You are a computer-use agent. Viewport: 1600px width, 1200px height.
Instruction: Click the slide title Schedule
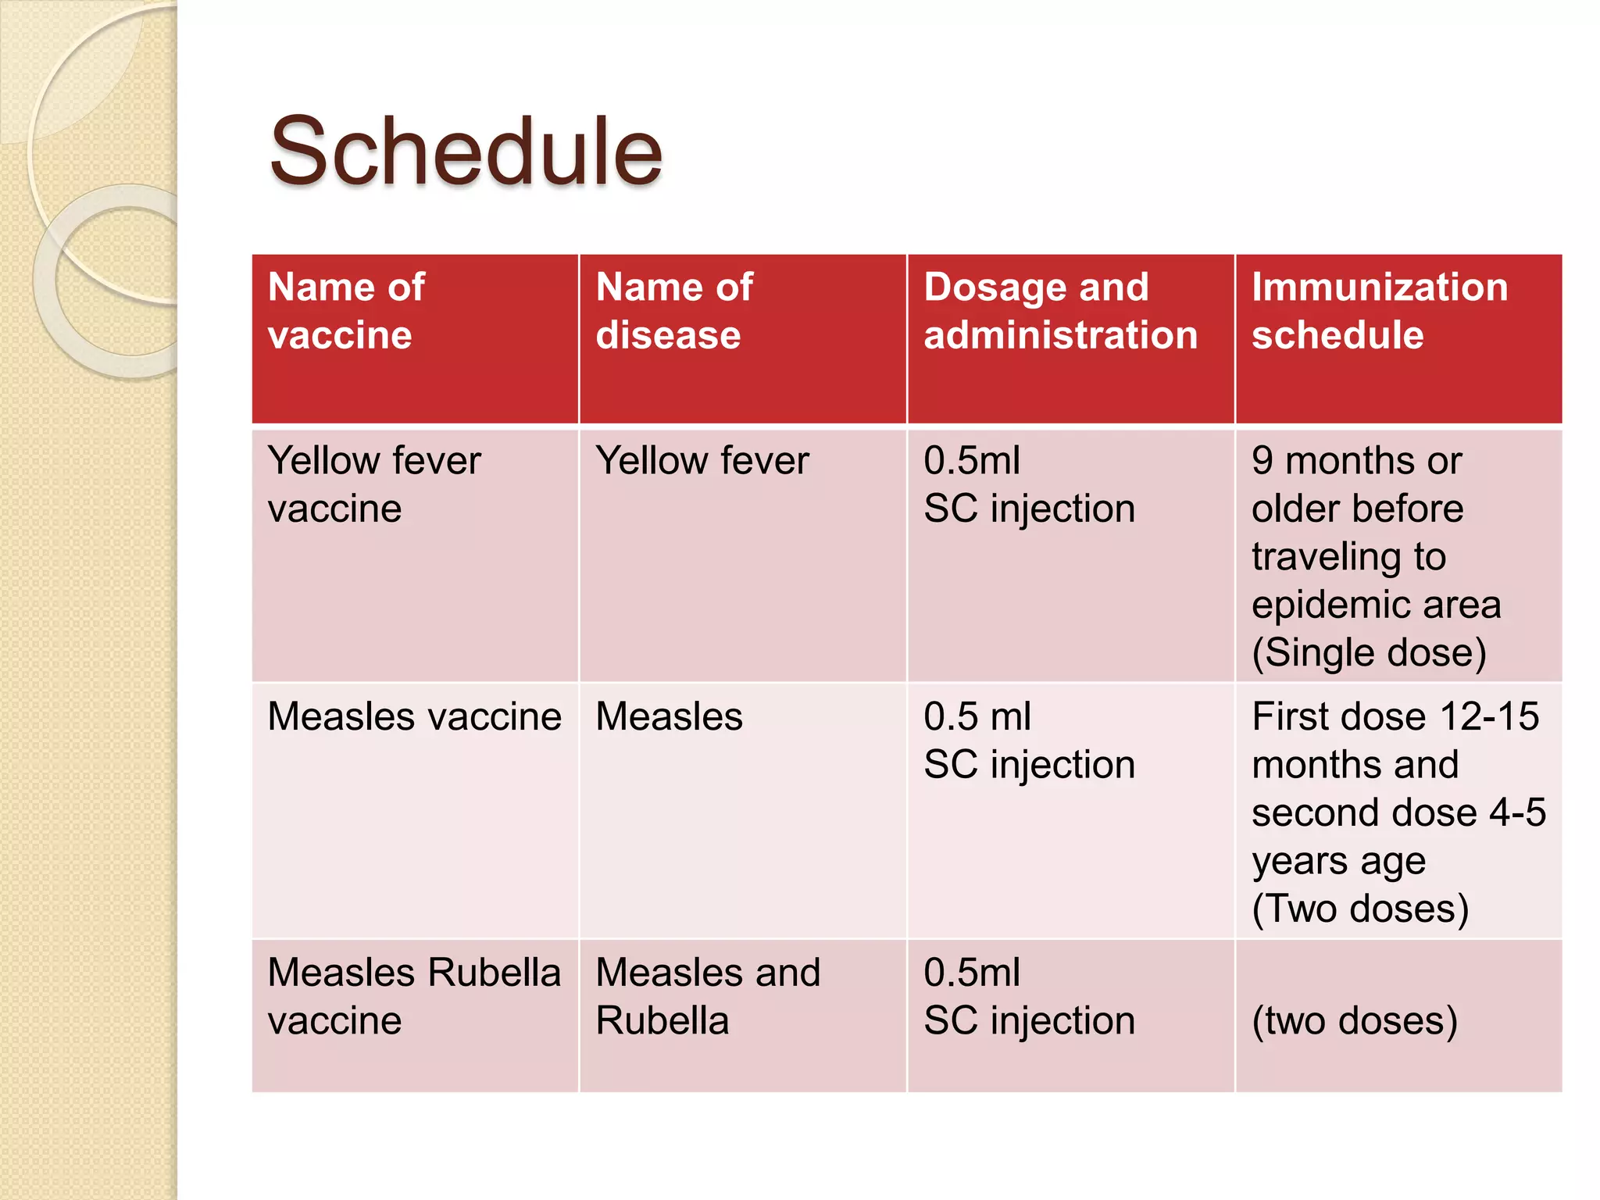click(x=466, y=152)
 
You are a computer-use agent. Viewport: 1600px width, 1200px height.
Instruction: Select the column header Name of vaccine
click(x=346, y=311)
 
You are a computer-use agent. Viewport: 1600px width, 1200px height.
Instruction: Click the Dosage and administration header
click(x=1060, y=311)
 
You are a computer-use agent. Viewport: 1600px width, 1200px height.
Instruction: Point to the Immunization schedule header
click(x=1379, y=311)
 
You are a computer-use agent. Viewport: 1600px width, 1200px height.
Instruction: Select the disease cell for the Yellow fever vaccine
click(x=702, y=460)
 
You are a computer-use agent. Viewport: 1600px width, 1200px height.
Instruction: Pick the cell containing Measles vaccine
click(x=414, y=716)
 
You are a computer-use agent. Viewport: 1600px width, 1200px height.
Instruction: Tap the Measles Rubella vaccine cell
click(x=414, y=996)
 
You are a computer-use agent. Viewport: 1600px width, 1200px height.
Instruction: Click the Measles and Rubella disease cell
click(x=707, y=996)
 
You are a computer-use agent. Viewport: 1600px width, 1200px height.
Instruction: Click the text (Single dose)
click(x=1369, y=652)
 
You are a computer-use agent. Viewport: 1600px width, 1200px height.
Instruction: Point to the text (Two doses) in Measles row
click(x=1360, y=909)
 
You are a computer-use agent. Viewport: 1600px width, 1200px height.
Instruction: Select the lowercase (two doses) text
click(x=1355, y=1020)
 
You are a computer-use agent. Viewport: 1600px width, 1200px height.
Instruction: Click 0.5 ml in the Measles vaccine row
click(x=977, y=716)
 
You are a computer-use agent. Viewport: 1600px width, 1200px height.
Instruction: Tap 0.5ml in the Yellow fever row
click(x=971, y=460)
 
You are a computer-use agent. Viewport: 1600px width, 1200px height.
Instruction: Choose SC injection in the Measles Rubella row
click(x=1029, y=1020)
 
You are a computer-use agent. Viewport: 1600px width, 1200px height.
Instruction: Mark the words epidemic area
click(x=1376, y=605)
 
